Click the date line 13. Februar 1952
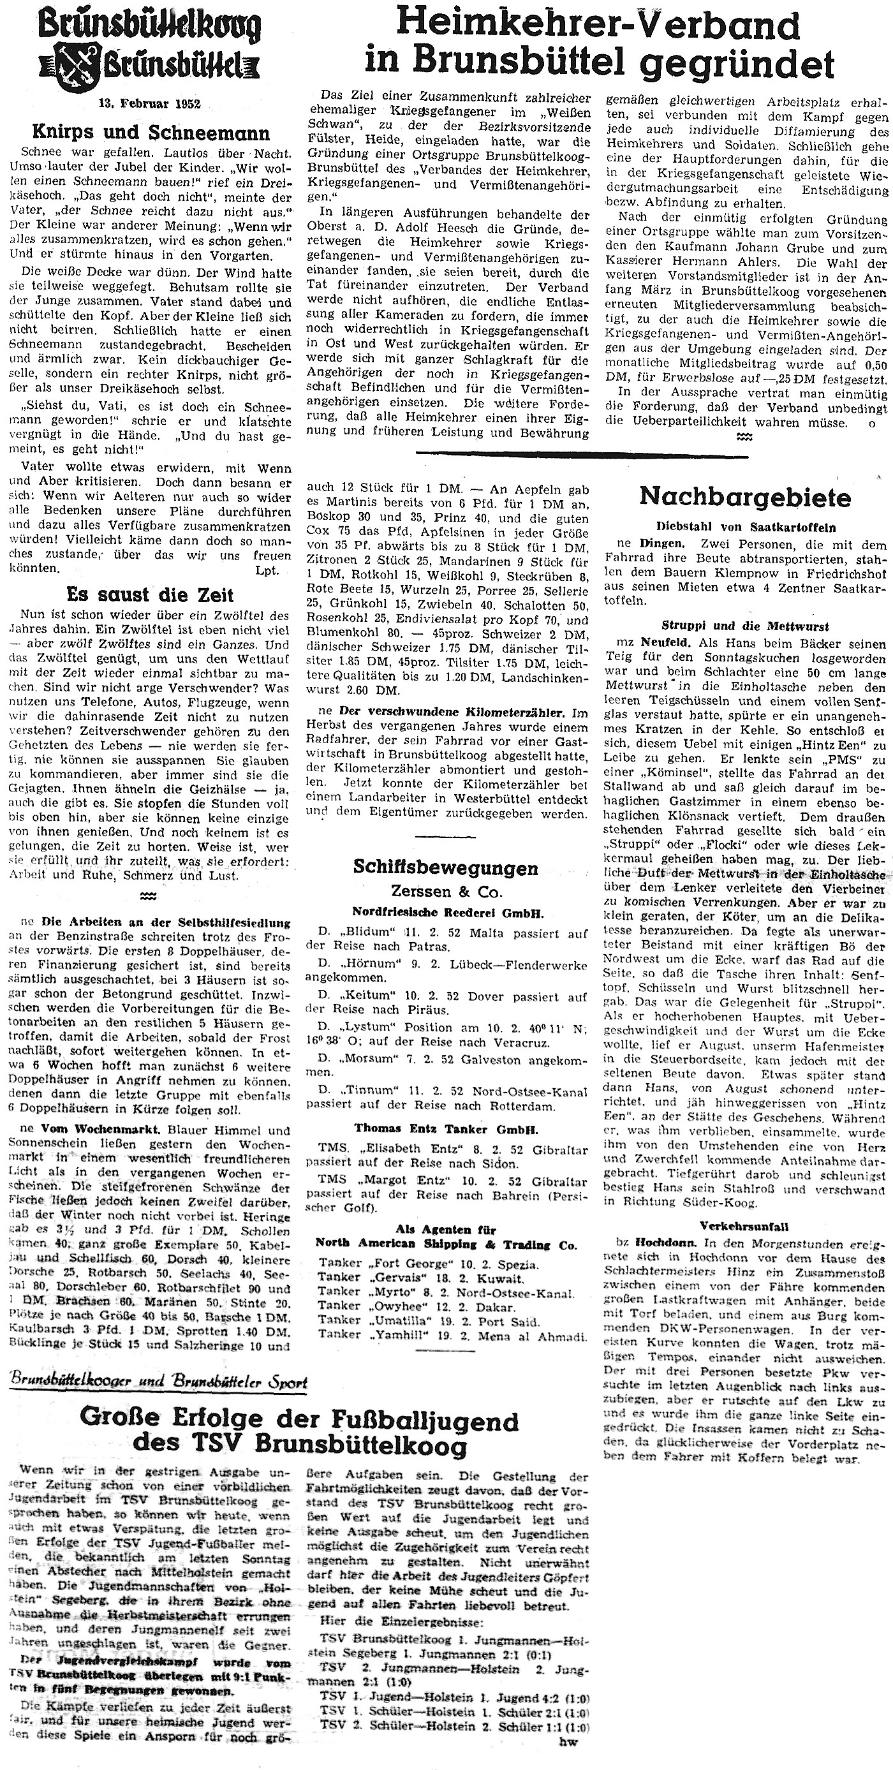149,105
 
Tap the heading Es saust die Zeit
150,594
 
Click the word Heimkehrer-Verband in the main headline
598,26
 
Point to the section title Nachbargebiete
744,497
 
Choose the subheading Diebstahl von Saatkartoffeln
745,527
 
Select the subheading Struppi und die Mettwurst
745,626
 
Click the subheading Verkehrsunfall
744,1226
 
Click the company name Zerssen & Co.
447,891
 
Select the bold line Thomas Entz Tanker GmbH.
447,1128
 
